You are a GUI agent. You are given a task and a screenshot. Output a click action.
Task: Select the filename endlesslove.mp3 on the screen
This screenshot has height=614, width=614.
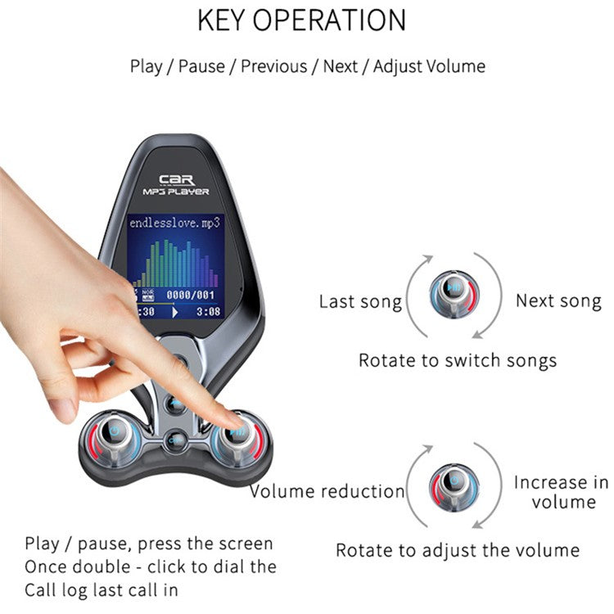tap(174, 222)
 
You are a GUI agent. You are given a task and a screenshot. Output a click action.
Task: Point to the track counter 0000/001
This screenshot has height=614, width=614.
tap(189, 294)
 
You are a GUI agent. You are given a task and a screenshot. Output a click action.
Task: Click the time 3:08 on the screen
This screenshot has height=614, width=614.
tap(208, 312)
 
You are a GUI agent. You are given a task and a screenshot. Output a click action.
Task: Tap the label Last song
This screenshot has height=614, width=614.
tap(360, 302)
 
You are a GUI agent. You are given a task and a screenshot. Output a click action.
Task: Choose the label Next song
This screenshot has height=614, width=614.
tap(558, 301)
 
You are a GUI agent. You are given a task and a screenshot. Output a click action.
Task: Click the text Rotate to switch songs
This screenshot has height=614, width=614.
tap(458, 360)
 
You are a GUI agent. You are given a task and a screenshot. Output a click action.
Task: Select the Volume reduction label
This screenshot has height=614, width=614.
tap(327, 491)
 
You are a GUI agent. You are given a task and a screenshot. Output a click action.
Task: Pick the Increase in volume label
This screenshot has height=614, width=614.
tap(561, 491)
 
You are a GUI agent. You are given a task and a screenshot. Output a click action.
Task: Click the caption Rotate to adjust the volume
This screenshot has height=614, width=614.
tap(458, 550)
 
